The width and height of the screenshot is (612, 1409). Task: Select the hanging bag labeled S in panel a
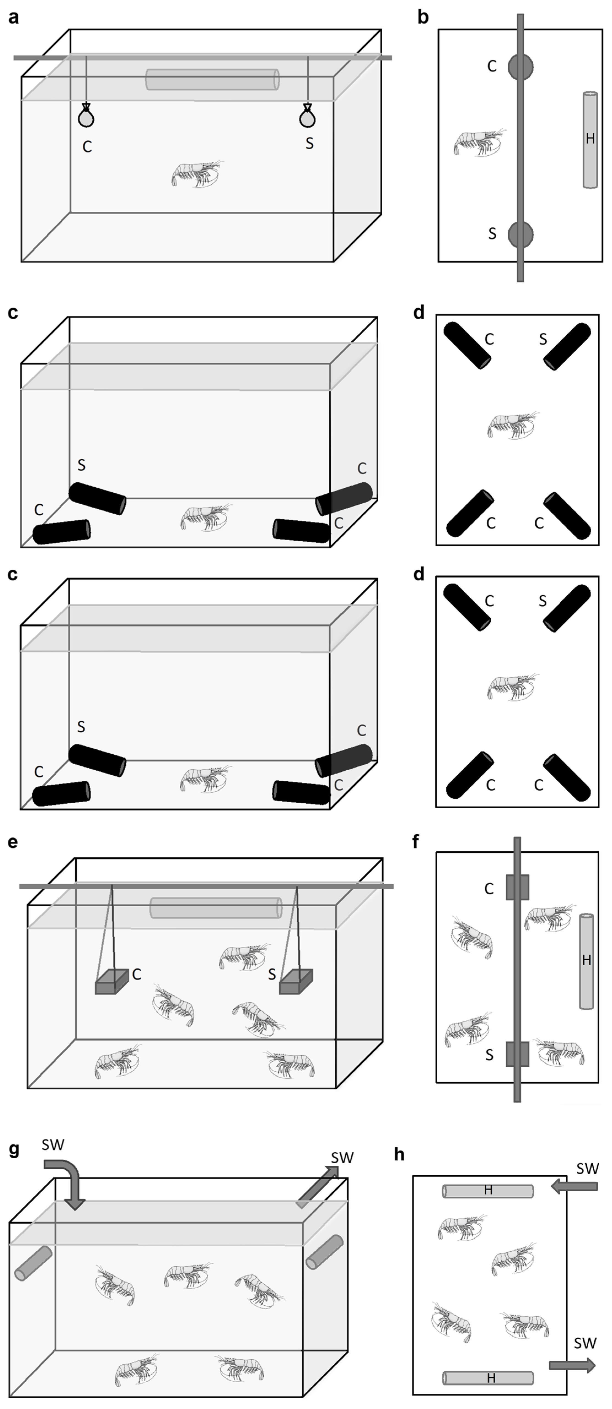pyautogui.click(x=308, y=116)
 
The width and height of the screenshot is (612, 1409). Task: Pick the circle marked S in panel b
pyautogui.click(x=520, y=234)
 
